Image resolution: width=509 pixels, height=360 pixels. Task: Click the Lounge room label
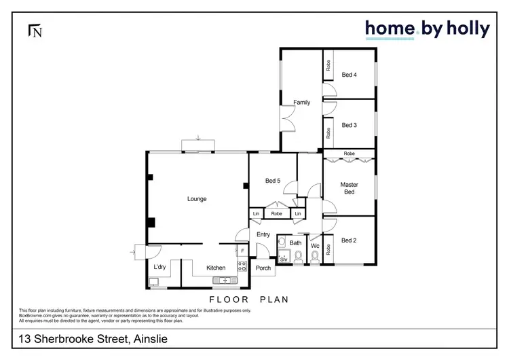pos(197,199)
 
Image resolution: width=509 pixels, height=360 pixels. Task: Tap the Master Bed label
pos(349,188)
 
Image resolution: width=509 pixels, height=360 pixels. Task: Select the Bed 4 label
pos(349,75)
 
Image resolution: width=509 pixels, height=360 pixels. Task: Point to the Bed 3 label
pos(349,125)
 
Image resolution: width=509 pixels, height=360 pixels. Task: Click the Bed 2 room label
pos(349,240)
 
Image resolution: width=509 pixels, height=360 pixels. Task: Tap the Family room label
pos(301,103)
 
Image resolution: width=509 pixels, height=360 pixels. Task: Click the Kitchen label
pos(216,268)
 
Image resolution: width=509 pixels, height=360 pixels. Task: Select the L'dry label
pos(160,267)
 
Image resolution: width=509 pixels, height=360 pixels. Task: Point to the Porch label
pos(263,268)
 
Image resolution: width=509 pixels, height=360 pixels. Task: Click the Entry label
pos(263,234)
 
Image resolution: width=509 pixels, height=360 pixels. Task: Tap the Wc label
pos(315,246)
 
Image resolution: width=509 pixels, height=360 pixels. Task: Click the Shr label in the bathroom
pos(284,259)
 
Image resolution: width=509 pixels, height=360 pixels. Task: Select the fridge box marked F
pos(242,251)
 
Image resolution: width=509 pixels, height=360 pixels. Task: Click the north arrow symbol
pos(35,31)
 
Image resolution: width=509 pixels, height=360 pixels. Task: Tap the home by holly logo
pos(427,29)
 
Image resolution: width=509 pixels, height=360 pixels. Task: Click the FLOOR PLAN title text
pos(248,299)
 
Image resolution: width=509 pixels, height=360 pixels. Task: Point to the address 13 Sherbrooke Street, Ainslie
pos(92,339)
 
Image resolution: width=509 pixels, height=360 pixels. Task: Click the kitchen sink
pos(221,280)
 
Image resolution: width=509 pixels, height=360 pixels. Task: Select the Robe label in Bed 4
pos(328,66)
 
